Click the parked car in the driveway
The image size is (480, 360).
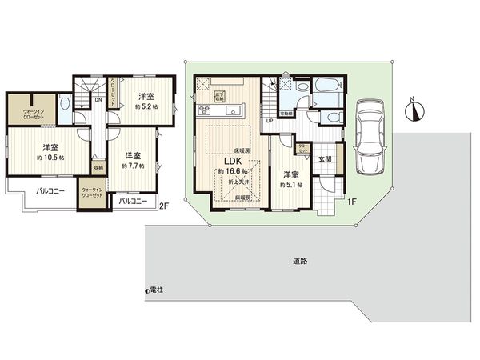click(x=370, y=137)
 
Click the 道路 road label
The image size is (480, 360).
click(x=300, y=261)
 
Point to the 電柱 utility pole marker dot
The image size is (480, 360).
click(x=146, y=290)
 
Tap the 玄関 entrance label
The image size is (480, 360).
click(x=325, y=158)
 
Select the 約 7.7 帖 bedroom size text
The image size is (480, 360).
click(x=133, y=166)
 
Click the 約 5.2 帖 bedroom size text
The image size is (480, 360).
click(x=146, y=107)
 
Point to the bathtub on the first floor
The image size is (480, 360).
click(x=328, y=86)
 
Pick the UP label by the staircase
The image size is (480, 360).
click(x=270, y=122)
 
